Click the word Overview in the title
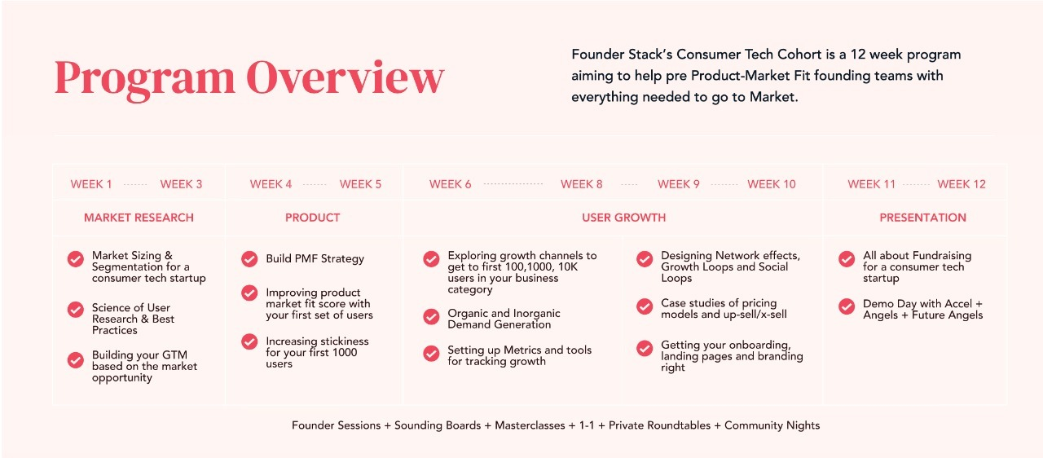pos(345,77)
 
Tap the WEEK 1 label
pos(91,184)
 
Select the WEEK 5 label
pos(360,184)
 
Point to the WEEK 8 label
pos(582,184)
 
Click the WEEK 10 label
pos(772,184)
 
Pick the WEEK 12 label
pos(962,184)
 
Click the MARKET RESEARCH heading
pos(139,218)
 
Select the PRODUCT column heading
pos(312,218)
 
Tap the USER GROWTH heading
pos(624,218)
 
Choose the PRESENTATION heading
pos(923,218)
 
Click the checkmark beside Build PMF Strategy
pos(249,259)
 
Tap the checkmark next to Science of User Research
pos(76,310)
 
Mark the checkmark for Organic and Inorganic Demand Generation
pos(431,316)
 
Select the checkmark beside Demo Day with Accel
pos(847,306)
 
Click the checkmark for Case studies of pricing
pos(645,306)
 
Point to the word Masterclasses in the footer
pos(530,425)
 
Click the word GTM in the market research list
pos(174,355)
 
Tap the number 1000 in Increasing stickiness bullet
pos(345,352)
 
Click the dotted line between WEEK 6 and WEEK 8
pos(513,184)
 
